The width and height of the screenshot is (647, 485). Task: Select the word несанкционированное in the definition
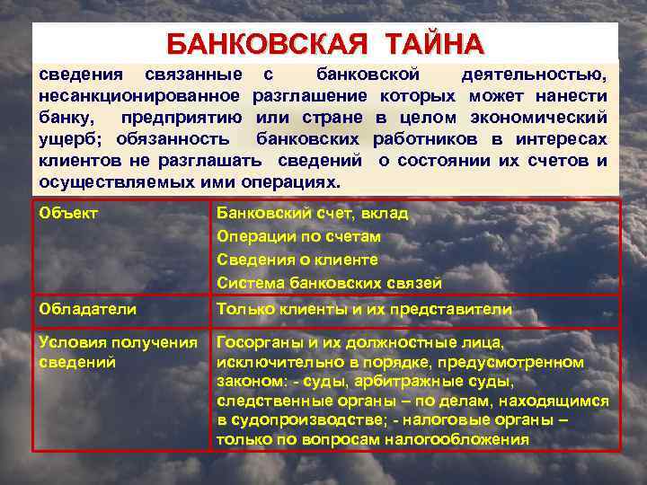[x=139, y=94]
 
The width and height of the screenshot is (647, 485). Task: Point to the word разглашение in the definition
[x=311, y=94]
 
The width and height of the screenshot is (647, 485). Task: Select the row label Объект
[x=68, y=213]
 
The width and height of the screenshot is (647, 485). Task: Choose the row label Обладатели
[x=87, y=309]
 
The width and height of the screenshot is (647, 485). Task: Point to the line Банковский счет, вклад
[x=312, y=213]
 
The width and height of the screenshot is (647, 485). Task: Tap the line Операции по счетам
[x=298, y=236]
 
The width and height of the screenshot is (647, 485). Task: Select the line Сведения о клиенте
[x=297, y=260]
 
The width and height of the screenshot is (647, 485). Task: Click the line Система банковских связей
[x=329, y=283]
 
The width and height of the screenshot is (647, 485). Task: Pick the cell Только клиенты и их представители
[x=364, y=309]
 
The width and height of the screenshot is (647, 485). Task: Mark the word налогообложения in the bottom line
[x=456, y=439]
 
